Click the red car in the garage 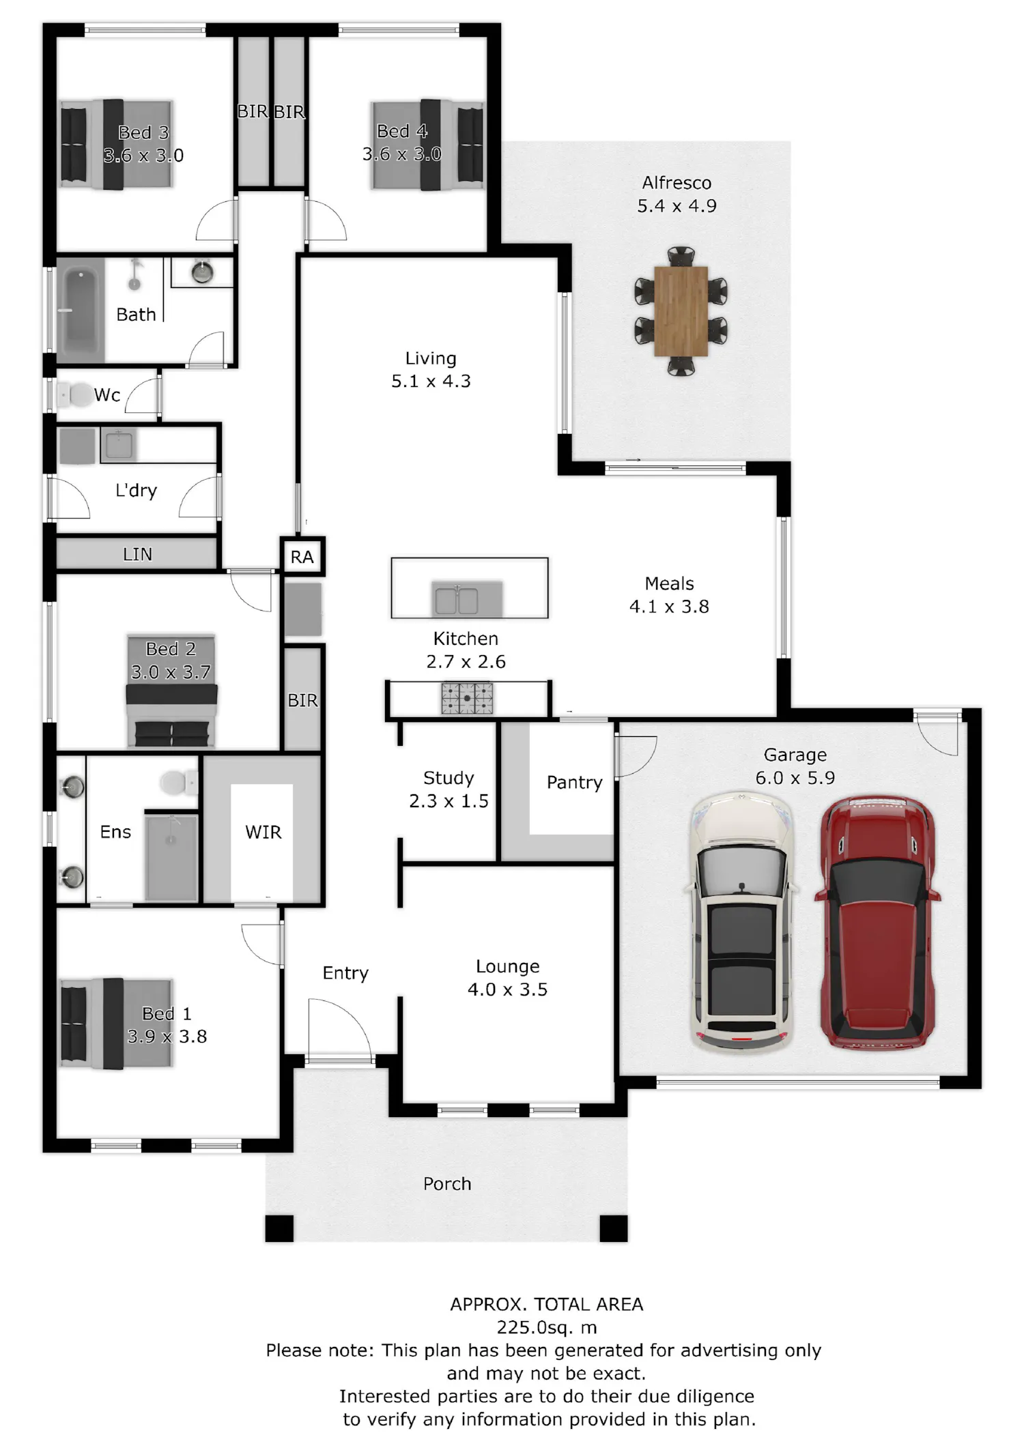pyautogui.click(x=877, y=922)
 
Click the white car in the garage pyautogui.click(x=741, y=922)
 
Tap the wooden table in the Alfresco pyautogui.click(x=681, y=311)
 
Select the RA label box pyautogui.click(x=302, y=557)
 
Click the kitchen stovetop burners pyautogui.click(x=467, y=698)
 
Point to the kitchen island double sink pyautogui.click(x=457, y=600)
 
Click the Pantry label pyautogui.click(x=575, y=783)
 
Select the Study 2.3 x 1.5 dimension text pyautogui.click(x=449, y=801)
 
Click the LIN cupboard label pyautogui.click(x=137, y=555)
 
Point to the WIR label pyautogui.click(x=264, y=832)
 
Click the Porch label pyautogui.click(x=447, y=1184)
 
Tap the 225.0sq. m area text pyautogui.click(x=546, y=1327)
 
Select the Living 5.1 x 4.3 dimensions pyautogui.click(x=431, y=381)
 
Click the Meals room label pyautogui.click(x=669, y=584)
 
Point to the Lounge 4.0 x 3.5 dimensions pyautogui.click(x=507, y=989)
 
